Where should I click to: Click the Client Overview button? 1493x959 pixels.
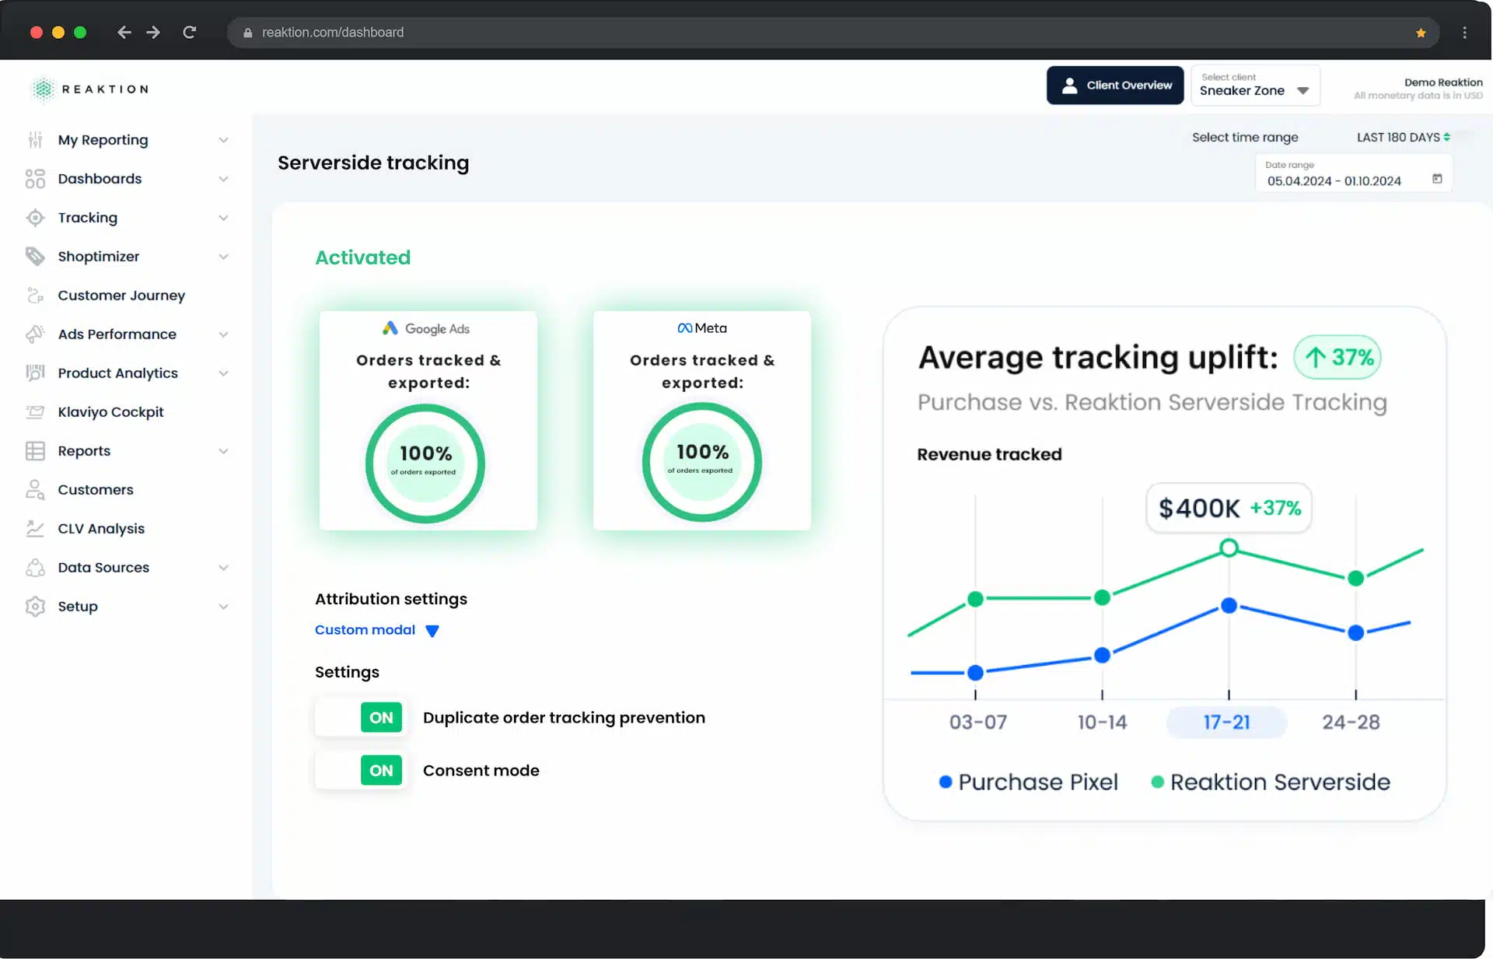click(1114, 86)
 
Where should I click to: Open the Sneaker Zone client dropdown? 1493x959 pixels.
click(1255, 86)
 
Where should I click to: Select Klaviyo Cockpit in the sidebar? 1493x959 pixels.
click(110, 412)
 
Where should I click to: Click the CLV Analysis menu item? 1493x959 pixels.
click(101, 529)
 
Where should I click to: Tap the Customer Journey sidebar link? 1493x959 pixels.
click(121, 296)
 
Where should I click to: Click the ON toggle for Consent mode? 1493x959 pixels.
click(381, 770)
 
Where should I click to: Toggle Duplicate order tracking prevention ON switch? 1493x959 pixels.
click(381, 717)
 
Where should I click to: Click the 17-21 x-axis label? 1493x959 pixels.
click(1226, 722)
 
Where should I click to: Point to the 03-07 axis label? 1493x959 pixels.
click(977, 722)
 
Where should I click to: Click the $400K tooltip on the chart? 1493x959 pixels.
click(1229, 508)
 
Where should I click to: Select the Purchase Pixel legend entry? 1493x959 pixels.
click(1028, 782)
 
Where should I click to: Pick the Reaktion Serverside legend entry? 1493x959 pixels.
click(1271, 782)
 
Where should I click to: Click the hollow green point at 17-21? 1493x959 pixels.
click(1229, 548)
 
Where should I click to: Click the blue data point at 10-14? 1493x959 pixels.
click(1102, 656)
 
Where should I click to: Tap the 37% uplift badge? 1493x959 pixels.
click(1337, 357)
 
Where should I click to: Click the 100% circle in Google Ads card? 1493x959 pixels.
click(425, 464)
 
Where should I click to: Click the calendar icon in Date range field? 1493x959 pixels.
click(1437, 179)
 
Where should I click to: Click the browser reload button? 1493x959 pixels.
click(189, 32)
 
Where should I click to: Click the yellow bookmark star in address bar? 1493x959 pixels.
click(1421, 33)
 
